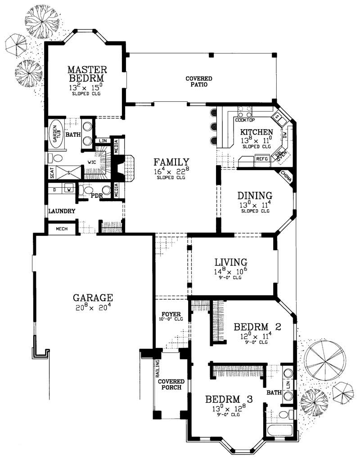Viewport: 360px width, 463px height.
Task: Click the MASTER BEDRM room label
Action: [x=87, y=74]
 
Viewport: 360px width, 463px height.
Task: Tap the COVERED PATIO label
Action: [x=199, y=81]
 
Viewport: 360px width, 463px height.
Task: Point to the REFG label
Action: [x=261, y=159]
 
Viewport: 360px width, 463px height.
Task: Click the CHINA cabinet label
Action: [x=286, y=177]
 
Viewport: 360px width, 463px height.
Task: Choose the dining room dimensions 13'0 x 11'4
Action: [x=255, y=205]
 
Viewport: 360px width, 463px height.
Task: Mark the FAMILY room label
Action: [x=171, y=162]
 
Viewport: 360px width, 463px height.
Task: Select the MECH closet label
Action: [x=62, y=229]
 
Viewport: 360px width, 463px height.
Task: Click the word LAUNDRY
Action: [x=62, y=211]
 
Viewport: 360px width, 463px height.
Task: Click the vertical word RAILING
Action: [x=157, y=369]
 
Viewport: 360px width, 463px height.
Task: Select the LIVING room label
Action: [x=230, y=262]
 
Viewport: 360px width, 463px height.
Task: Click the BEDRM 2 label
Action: [x=257, y=326]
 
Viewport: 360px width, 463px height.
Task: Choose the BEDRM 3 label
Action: [x=229, y=399]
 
